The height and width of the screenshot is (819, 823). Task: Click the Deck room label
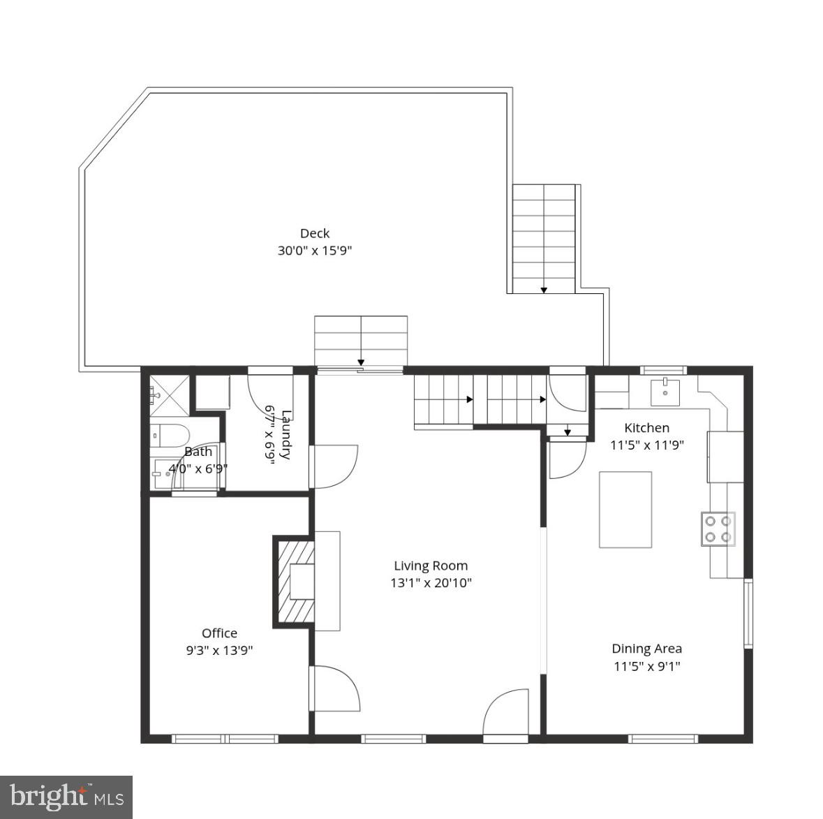(x=314, y=233)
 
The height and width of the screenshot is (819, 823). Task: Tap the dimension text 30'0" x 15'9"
(x=314, y=251)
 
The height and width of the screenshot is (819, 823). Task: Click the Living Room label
(x=431, y=566)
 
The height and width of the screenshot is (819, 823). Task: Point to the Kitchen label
(x=646, y=428)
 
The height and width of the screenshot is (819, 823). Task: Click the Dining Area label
(x=646, y=649)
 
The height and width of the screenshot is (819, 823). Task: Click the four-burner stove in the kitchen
(x=718, y=529)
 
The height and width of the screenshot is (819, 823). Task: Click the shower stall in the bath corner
(x=169, y=395)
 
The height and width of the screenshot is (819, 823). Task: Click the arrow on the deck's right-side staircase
(x=544, y=288)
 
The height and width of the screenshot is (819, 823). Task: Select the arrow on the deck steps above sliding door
(x=361, y=362)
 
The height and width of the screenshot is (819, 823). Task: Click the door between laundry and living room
(x=334, y=466)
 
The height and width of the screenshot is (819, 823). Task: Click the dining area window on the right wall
(x=748, y=613)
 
